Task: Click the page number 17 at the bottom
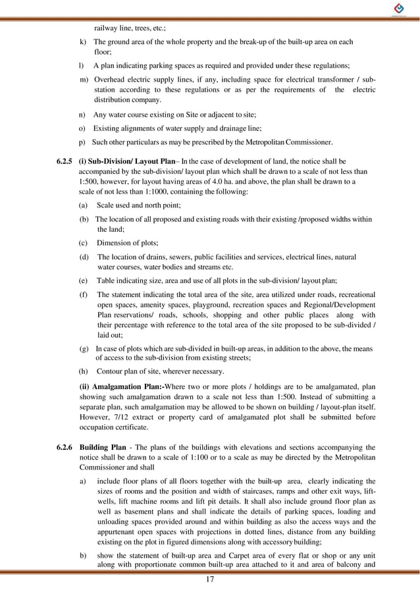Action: (x=210, y=580)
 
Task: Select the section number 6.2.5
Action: (x=65, y=160)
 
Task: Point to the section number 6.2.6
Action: (x=65, y=448)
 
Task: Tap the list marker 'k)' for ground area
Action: (x=83, y=41)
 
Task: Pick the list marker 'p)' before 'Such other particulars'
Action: (x=83, y=142)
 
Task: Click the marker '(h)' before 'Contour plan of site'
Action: (x=84, y=371)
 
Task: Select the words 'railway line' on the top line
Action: (x=113, y=28)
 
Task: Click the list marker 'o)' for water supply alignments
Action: (x=83, y=128)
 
